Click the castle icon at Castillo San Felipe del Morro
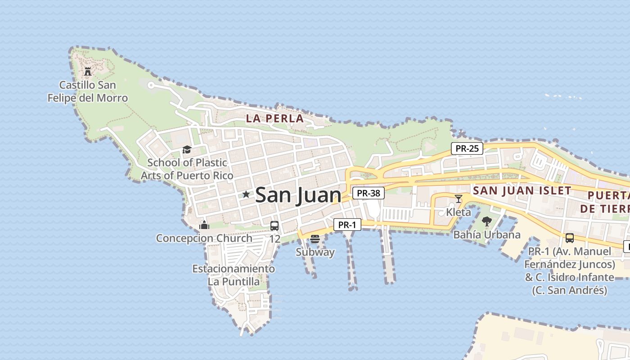point(88,71)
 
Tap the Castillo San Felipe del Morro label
point(88,91)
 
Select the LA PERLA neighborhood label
point(274,118)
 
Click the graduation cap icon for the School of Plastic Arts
point(187,149)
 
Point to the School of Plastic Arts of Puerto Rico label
point(187,169)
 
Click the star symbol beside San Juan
point(246,194)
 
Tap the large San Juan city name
point(298,195)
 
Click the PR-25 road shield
point(467,148)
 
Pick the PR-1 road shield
point(347,225)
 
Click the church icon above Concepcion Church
point(204,225)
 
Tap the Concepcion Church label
point(204,238)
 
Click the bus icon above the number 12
point(274,226)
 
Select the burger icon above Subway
point(315,238)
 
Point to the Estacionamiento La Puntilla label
point(234,275)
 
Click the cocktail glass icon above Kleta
point(459,198)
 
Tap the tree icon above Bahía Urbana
point(486,221)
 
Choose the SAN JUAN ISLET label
point(522,190)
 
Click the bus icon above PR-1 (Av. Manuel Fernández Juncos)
point(570,238)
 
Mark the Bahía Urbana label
point(487,234)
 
